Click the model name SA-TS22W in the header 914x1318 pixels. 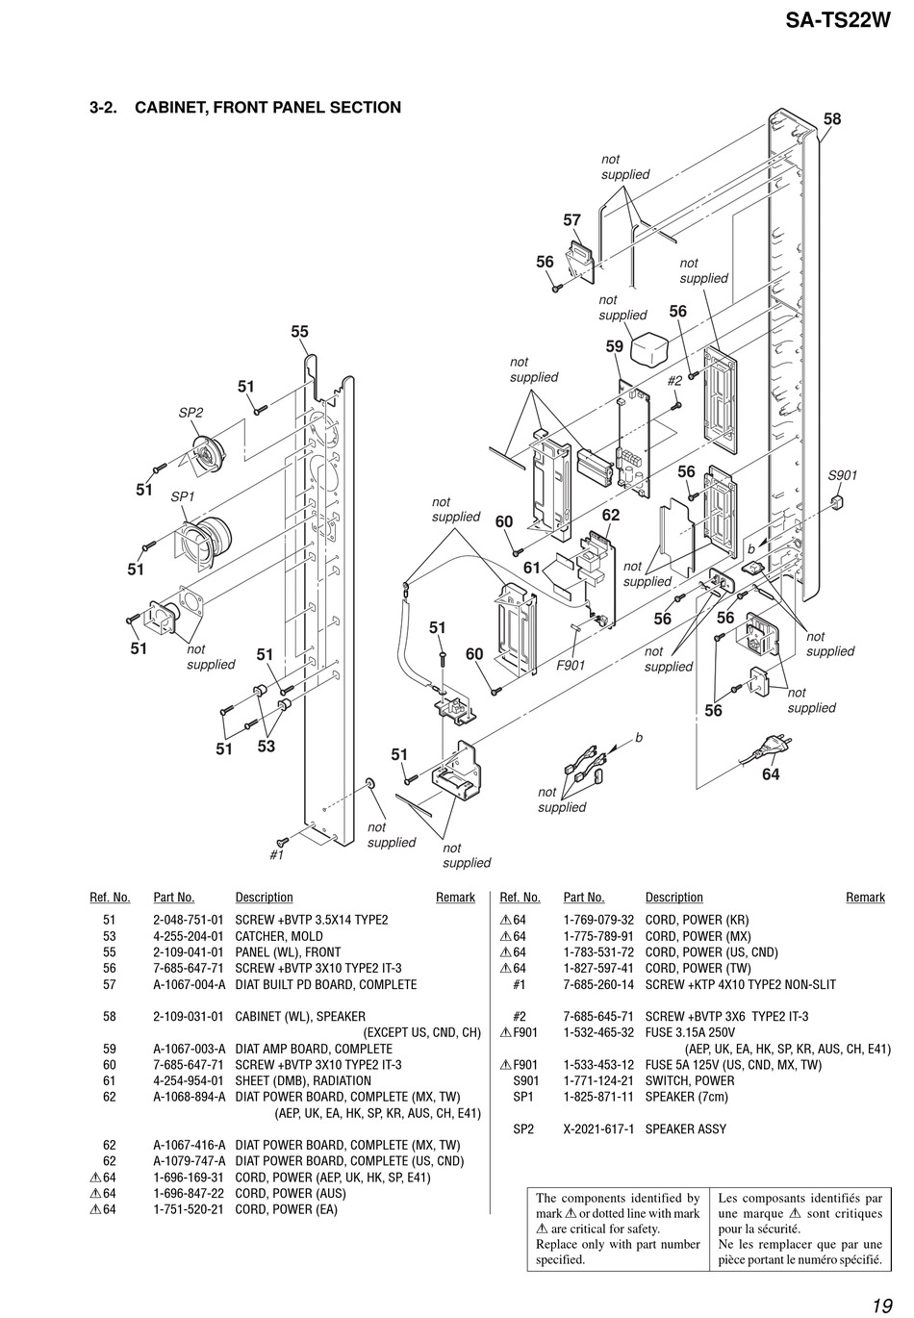[x=837, y=20]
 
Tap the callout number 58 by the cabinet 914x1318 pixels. [x=831, y=119]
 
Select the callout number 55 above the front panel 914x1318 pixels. [x=299, y=332]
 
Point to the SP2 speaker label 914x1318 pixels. [x=190, y=413]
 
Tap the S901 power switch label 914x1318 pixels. [x=842, y=475]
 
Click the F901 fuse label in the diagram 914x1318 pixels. [x=571, y=665]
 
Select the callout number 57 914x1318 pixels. [x=571, y=220]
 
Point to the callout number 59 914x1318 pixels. [x=615, y=346]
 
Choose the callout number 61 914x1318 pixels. [x=531, y=568]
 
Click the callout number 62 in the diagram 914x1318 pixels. [x=610, y=515]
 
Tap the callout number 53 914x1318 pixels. [x=266, y=747]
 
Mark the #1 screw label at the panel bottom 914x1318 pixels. [x=277, y=855]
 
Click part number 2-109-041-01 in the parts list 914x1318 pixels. [x=189, y=952]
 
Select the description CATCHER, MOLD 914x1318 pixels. [x=279, y=936]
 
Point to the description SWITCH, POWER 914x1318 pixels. [x=690, y=1081]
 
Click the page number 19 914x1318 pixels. [x=882, y=1302]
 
